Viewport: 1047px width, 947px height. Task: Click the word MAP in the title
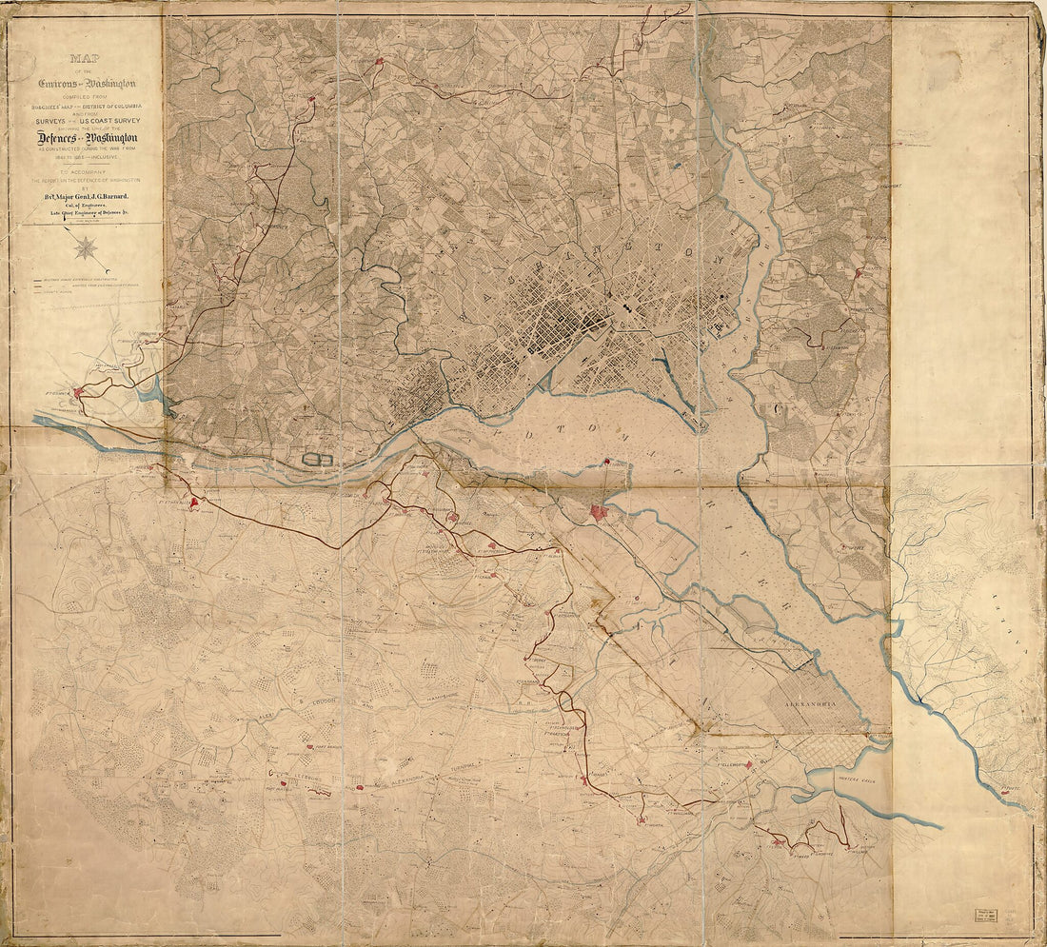click(x=86, y=58)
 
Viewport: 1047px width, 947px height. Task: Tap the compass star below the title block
click(x=87, y=248)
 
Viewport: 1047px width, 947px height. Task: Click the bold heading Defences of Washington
click(x=86, y=138)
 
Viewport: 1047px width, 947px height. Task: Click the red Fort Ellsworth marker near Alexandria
click(x=749, y=764)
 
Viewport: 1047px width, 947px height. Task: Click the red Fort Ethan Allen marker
click(x=194, y=502)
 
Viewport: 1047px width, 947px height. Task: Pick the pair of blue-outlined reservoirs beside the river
click(x=318, y=460)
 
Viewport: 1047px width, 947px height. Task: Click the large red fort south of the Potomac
click(x=598, y=512)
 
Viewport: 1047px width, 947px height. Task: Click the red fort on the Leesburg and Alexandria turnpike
click(x=360, y=788)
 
